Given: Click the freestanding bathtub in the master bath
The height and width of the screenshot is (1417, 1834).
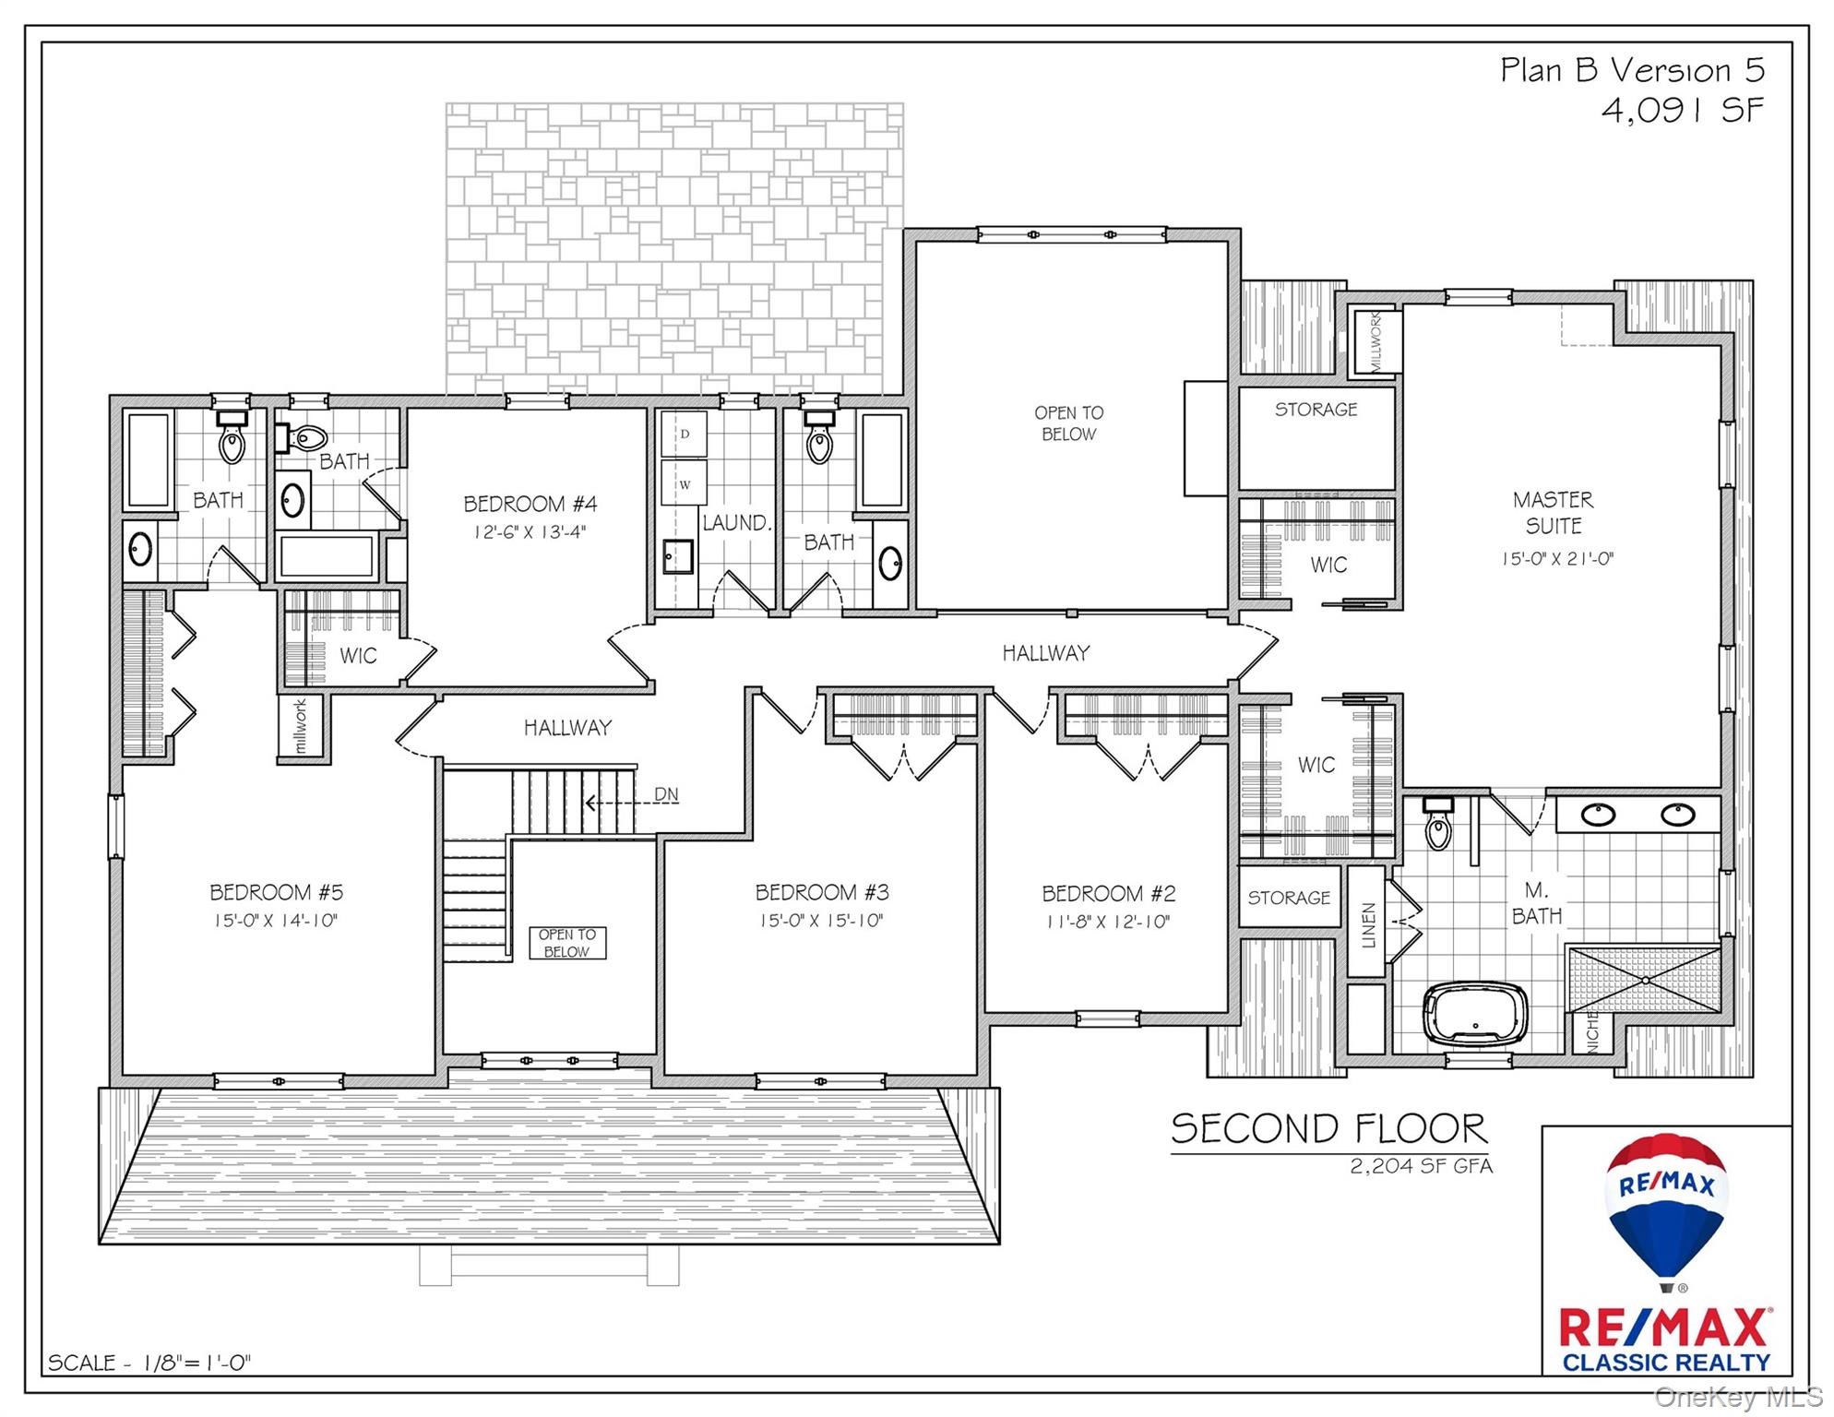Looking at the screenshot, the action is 1475,1015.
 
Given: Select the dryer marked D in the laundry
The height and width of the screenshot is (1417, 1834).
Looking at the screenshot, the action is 684,434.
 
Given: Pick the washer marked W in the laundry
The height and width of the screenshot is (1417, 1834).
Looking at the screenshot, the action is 684,484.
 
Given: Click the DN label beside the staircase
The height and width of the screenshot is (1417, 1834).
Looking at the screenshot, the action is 666,794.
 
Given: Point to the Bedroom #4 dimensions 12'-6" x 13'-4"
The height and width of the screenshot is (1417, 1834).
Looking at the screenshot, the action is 530,531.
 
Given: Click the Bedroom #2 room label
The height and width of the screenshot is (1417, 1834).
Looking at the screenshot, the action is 1109,893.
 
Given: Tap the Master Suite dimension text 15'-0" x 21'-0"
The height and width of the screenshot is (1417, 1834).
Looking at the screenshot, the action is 1557,558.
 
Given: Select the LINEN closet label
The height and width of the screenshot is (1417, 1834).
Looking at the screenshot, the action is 1368,925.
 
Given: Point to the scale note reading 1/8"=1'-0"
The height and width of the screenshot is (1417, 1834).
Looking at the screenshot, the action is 196,1363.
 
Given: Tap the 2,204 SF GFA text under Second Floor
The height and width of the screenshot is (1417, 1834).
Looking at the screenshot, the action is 1422,1166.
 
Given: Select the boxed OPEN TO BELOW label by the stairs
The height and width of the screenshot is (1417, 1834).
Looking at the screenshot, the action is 567,943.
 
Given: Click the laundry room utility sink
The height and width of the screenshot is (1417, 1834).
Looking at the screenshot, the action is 677,556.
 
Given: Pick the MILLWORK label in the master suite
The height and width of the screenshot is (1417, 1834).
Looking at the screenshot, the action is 1375,341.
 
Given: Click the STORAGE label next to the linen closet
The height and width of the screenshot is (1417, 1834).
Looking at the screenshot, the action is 1289,897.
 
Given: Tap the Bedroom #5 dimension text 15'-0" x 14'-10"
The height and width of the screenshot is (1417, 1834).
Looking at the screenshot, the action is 276,920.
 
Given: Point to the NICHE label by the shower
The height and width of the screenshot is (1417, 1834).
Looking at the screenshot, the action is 1592,1031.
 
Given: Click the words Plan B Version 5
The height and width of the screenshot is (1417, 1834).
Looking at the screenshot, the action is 1633,70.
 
